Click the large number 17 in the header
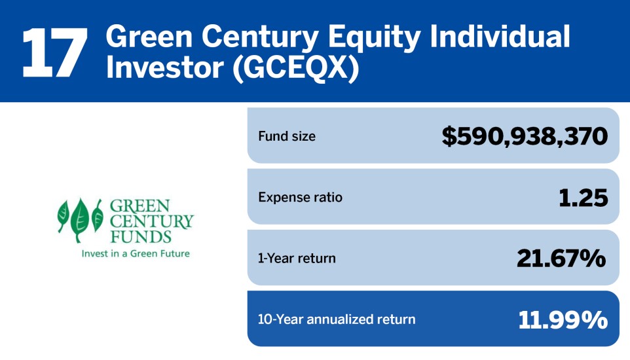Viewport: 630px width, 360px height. [x=54, y=52]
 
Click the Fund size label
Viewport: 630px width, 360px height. [x=287, y=136]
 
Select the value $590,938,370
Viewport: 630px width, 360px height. [x=525, y=136]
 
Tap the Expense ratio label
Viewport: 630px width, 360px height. [x=300, y=197]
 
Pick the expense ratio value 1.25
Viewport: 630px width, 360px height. [x=583, y=198]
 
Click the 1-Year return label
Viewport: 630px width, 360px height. [x=297, y=259]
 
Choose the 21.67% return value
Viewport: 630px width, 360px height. [x=561, y=259]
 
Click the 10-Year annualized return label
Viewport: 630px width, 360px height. [x=337, y=319]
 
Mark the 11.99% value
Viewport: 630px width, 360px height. [x=563, y=319]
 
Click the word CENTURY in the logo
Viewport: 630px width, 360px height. [x=151, y=221]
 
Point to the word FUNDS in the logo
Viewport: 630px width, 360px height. [x=140, y=236]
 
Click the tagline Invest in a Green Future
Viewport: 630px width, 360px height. [x=135, y=253]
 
